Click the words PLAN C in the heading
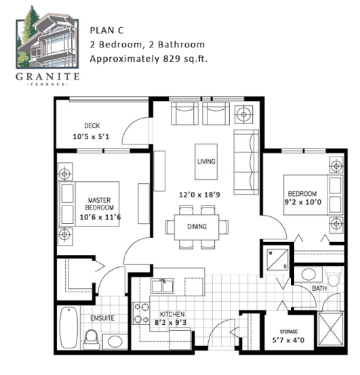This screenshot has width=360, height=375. [x=106, y=31]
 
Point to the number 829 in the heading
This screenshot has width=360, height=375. [x=172, y=58]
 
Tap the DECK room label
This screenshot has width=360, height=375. [x=92, y=125]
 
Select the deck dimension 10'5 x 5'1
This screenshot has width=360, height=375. [x=91, y=136]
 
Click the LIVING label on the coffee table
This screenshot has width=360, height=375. [x=206, y=161]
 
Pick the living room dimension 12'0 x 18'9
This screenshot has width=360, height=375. [x=199, y=195]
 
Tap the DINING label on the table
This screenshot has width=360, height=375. [x=197, y=226]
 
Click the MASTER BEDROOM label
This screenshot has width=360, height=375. [x=100, y=203]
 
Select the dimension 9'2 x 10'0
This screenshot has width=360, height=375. [x=303, y=202]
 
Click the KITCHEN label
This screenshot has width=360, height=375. [x=172, y=314]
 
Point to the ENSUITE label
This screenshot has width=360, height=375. [x=102, y=318]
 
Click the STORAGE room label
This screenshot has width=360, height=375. [x=289, y=332]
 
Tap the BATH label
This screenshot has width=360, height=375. [x=319, y=288]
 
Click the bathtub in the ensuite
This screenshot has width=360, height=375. [x=68, y=327]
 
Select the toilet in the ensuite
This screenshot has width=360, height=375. [x=91, y=340]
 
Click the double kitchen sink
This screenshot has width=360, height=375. [x=162, y=285]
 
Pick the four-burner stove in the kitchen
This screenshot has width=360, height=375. [x=141, y=313]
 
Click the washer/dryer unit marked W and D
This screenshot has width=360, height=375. [x=277, y=260]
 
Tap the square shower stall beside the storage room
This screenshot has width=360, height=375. [x=330, y=330]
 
